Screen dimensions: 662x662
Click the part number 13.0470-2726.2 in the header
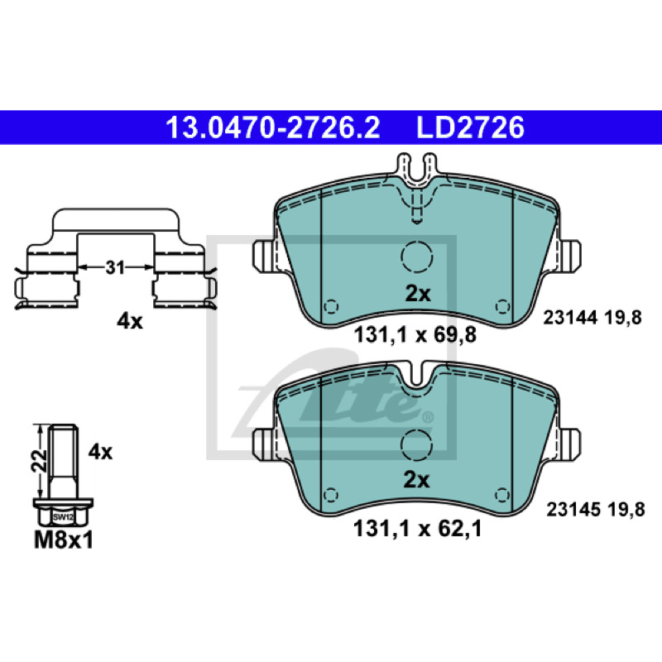tap(273, 127)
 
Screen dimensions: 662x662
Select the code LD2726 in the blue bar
tap(470, 127)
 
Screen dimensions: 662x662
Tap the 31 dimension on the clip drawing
tap(115, 267)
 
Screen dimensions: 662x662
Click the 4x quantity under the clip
tap(130, 322)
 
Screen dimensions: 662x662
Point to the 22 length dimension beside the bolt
tap(39, 461)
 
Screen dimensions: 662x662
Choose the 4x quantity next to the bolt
tap(100, 452)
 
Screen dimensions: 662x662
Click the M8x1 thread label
tap(64, 540)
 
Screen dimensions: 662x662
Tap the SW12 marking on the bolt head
tap(64, 516)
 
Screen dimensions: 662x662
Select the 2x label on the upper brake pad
tap(418, 294)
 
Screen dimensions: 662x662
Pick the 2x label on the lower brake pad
tap(416, 480)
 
